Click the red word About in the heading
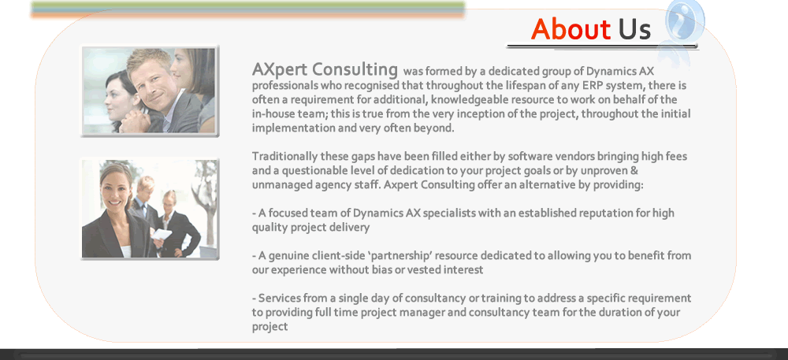(x=571, y=29)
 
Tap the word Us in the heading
(x=634, y=29)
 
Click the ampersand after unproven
(x=634, y=171)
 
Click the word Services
(x=280, y=299)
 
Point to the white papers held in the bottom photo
(x=162, y=234)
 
